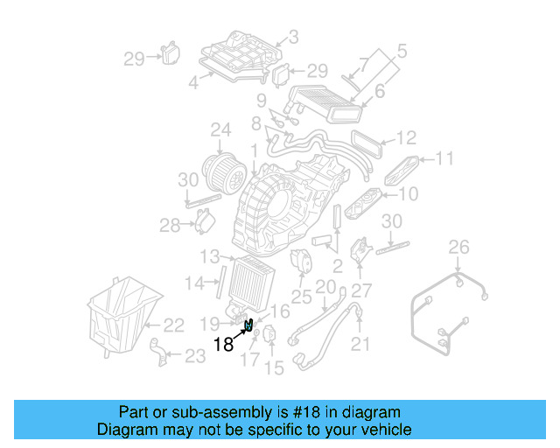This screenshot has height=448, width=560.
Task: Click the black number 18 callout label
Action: click(x=223, y=344)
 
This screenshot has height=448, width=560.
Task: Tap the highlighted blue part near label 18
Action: click(x=249, y=326)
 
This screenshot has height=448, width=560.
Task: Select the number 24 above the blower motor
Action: click(x=220, y=131)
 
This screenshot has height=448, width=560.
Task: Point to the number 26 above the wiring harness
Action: click(x=459, y=249)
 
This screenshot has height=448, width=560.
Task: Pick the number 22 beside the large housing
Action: click(x=173, y=325)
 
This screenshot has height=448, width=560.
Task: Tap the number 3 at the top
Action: click(x=293, y=37)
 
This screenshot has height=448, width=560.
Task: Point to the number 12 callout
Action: click(x=405, y=138)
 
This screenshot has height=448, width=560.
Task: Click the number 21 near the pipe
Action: click(x=360, y=345)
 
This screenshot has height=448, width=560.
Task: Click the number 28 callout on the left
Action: click(x=169, y=226)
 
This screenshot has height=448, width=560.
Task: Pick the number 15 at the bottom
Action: click(x=274, y=368)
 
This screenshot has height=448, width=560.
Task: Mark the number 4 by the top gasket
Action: click(x=194, y=84)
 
